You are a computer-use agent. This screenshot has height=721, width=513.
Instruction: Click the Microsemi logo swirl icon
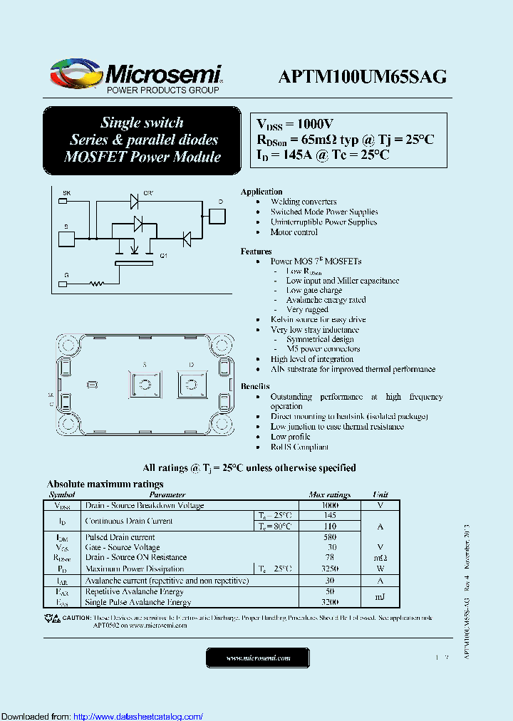tap(73, 74)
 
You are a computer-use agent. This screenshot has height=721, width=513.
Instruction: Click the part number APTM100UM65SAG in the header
tap(363, 77)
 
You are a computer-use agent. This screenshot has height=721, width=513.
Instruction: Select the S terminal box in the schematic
tap(66, 238)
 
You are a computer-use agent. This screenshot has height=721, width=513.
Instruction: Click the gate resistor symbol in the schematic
tap(96, 284)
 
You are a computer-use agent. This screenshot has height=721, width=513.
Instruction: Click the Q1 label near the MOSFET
tap(163, 255)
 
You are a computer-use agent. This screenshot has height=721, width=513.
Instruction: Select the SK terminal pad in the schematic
tap(63, 202)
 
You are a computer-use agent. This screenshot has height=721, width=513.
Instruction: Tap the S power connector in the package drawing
tap(145, 385)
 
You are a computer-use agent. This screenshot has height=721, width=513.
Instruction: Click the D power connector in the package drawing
tap(191, 385)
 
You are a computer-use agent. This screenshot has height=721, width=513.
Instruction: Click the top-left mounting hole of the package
tap(69, 346)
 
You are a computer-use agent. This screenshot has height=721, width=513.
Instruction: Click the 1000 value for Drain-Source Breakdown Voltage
tap(329, 505)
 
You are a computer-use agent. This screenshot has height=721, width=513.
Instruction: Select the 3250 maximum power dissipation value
tap(329, 569)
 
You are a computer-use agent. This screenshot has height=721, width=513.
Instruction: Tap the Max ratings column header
tap(329, 494)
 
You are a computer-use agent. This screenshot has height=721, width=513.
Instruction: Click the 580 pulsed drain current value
tap(329, 537)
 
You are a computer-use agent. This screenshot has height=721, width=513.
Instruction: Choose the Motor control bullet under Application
tap(294, 232)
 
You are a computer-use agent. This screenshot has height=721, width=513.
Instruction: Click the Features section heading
tap(256, 251)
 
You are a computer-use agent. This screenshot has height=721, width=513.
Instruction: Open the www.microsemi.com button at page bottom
tap(259, 658)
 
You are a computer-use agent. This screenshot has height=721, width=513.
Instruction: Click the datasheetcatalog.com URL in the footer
tap(138, 716)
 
